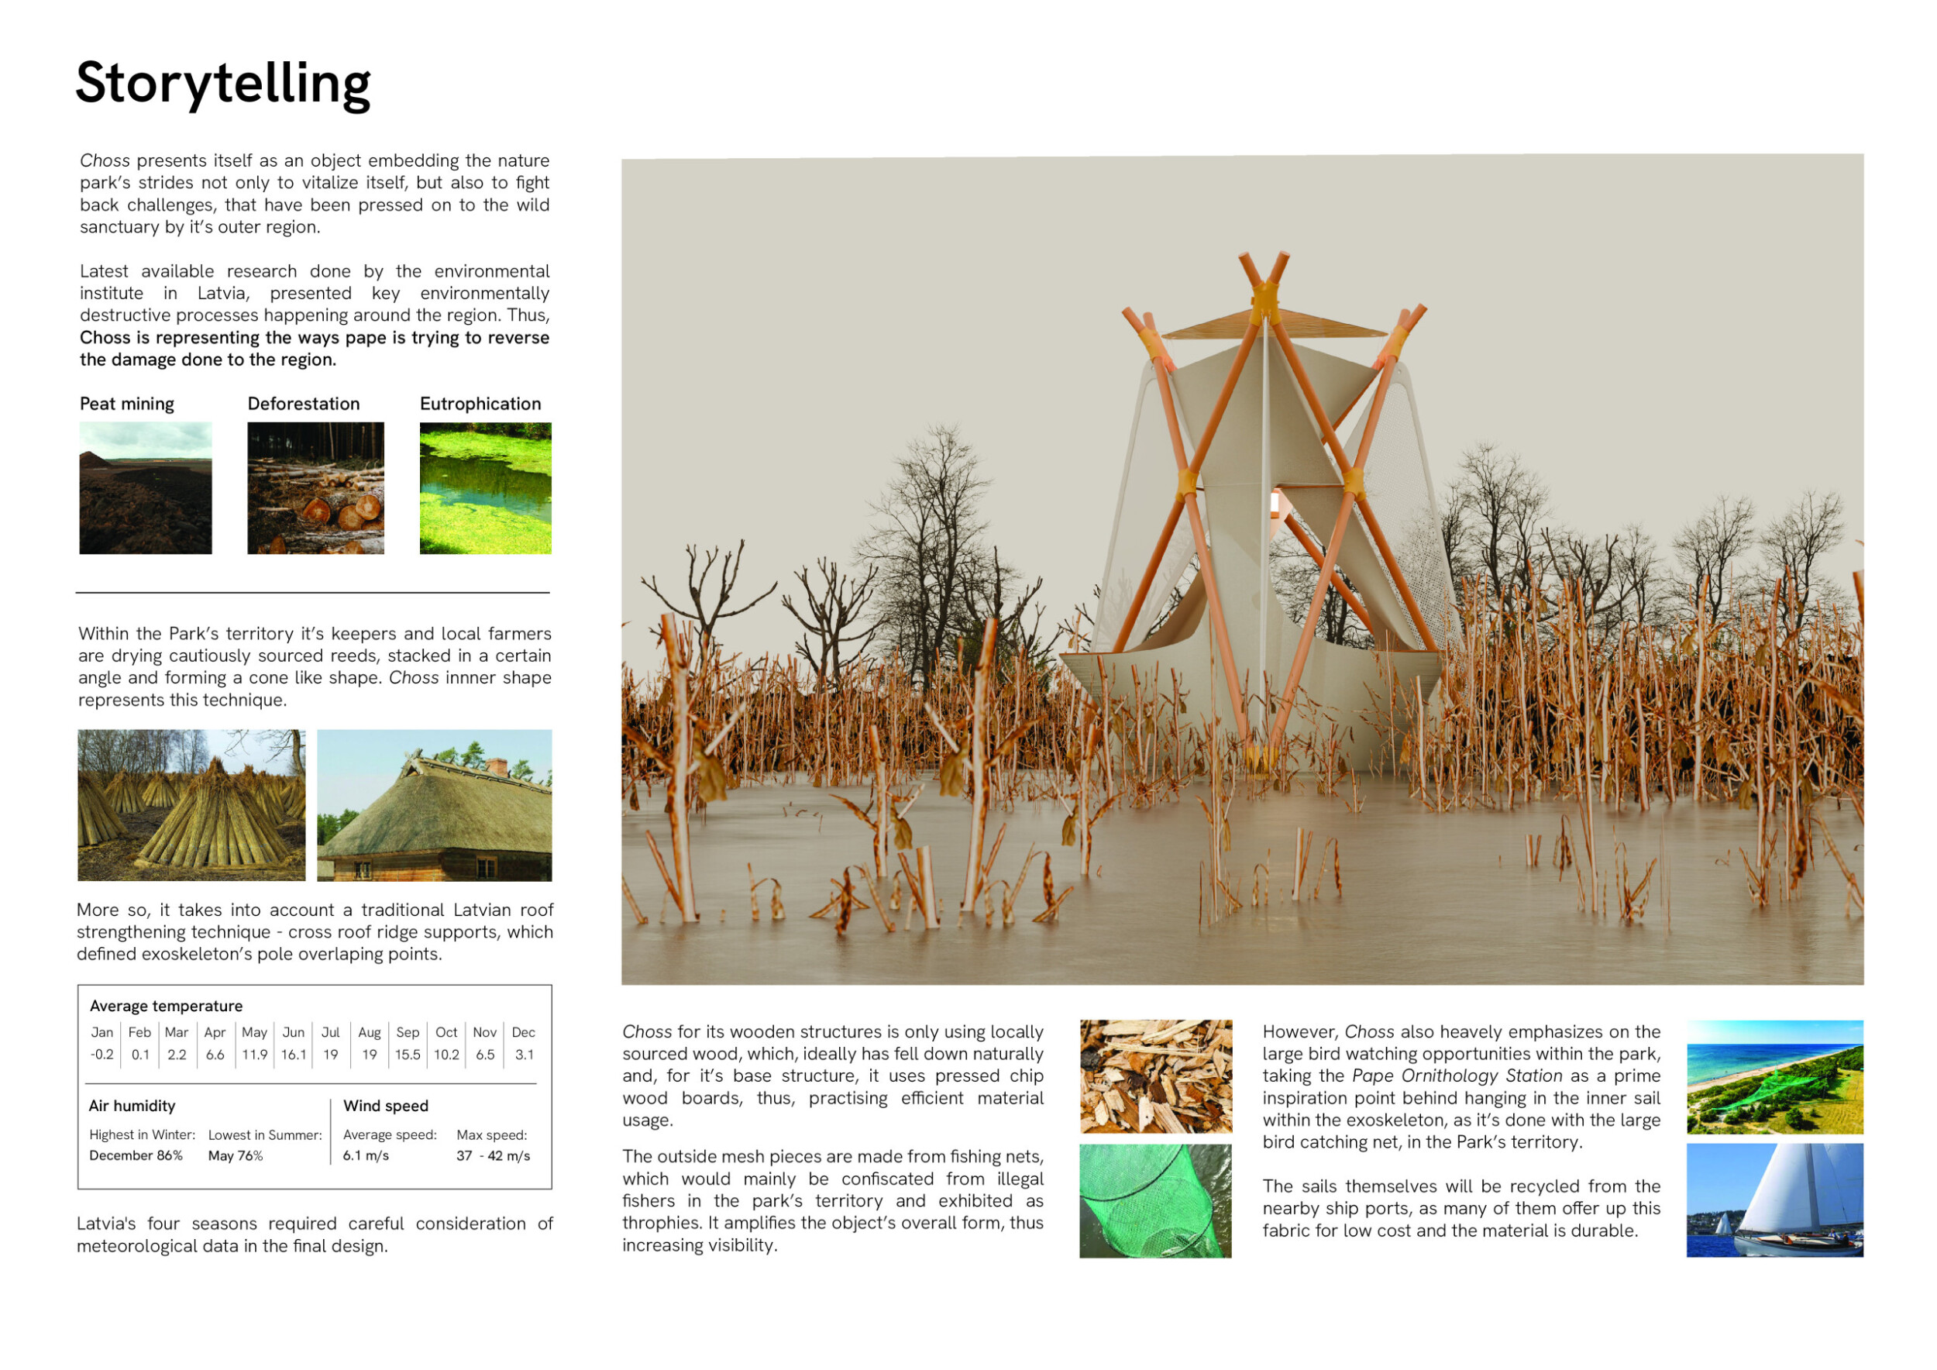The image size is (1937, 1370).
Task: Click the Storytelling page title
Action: [222, 84]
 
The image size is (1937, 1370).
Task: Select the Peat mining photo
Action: [145, 487]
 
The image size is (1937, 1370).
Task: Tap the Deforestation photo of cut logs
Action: [315, 487]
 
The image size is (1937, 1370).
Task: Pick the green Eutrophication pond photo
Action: [485, 487]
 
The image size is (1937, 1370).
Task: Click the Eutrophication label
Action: [480, 404]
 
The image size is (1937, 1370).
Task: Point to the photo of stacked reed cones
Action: [191, 805]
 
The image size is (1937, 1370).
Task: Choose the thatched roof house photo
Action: [435, 805]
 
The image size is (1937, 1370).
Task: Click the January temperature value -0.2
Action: [102, 1055]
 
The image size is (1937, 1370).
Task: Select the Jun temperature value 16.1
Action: [294, 1055]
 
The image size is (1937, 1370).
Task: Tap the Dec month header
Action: [523, 1033]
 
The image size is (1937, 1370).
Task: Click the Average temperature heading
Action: [167, 1007]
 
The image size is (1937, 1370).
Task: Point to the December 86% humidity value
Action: [136, 1155]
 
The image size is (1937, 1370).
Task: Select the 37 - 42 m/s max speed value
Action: [494, 1155]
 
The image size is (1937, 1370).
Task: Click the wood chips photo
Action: [1156, 1076]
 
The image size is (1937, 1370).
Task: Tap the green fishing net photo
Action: [1156, 1200]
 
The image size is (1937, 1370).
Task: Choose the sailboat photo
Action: [1775, 1200]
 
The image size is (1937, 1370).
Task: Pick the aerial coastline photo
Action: [1775, 1076]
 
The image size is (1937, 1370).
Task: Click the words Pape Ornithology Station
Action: [1457, 1076]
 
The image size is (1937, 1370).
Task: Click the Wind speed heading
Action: [386, 1106]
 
